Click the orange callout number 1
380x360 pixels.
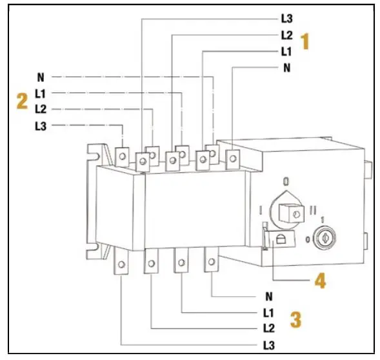pos(306,42)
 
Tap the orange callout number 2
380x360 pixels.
pos(22,101)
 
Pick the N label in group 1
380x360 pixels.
pos(286,67)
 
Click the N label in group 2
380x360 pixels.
pos(39,76)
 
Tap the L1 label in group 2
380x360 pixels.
pos(40,94)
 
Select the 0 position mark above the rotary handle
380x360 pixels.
pos(285,183)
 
